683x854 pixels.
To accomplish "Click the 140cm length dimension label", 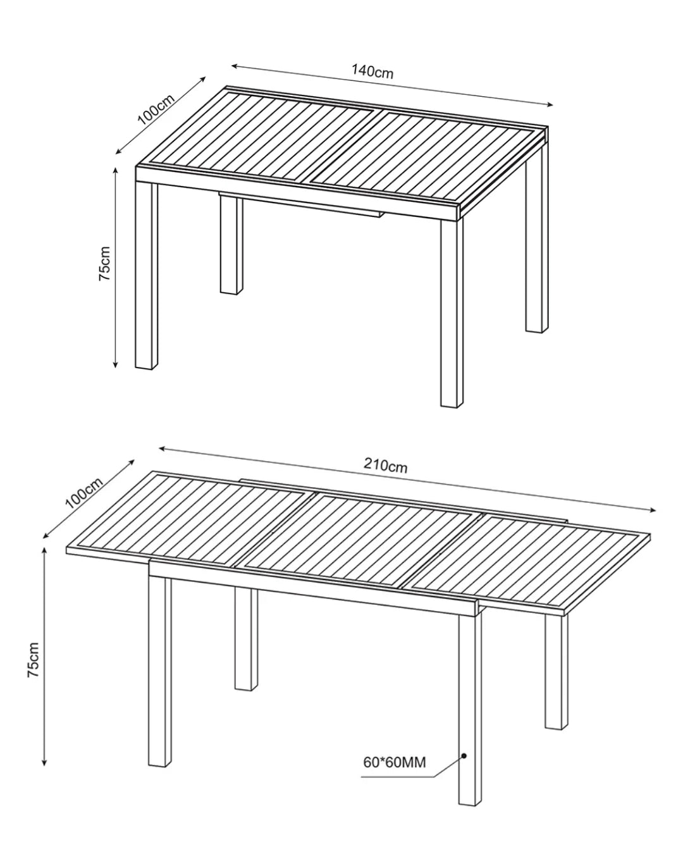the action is [x=372, y=71].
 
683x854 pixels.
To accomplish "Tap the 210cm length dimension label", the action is [x=385, y=466].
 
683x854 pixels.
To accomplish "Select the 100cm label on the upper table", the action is [x=156, y=109].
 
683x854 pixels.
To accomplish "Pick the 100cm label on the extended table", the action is [x=84, y=493].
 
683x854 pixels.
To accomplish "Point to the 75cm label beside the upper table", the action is [x=104, y=264].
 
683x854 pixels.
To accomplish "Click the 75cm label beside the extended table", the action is [x=34, y=660].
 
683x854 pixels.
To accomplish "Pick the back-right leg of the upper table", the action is [x=537, y=238].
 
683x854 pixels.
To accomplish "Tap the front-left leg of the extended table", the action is [x=160, y=671].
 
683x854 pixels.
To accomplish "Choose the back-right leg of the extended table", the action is [x=556, y=672].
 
